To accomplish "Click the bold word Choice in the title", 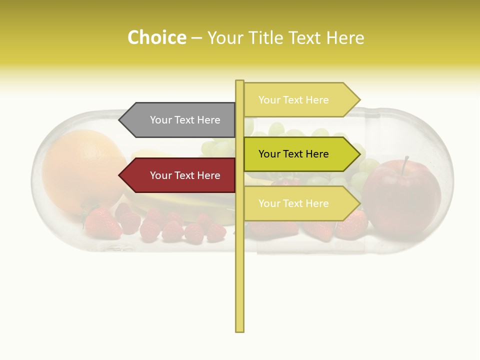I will point(156,37).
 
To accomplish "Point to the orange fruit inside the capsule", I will point(82,167).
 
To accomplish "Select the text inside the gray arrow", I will point(185,120).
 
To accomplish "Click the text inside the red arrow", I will point(185,175).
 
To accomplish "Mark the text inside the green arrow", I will point(293,154).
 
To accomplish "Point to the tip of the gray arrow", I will point(120,120).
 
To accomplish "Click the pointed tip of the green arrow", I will point(359,154).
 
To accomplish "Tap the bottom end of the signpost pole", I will point(239,330).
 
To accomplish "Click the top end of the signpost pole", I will point(239,81).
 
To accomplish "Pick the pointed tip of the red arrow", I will point(120,175).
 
